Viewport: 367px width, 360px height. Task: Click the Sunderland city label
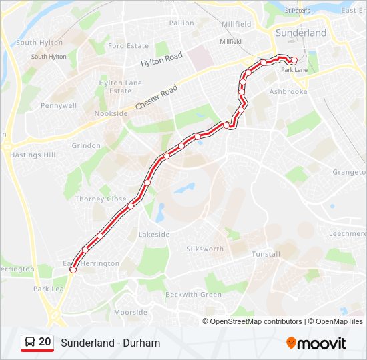302,33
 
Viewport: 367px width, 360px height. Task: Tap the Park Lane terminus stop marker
294,61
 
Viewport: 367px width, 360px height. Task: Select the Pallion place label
181,23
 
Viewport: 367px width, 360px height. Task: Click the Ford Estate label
128,46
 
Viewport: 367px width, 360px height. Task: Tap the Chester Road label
156,97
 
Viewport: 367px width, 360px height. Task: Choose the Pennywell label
59,105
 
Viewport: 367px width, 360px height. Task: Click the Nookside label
111,114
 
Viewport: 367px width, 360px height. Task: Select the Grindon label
86,145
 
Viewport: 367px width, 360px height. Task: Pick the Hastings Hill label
33,155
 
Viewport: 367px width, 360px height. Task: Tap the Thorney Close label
101,199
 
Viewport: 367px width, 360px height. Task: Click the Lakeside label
154,235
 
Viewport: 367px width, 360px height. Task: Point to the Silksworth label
205,249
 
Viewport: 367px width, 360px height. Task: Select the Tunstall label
266,254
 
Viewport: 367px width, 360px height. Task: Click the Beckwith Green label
194,295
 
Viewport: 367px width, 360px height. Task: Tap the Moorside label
131,312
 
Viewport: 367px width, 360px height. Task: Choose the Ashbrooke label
288,91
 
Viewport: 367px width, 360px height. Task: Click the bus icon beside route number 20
29,343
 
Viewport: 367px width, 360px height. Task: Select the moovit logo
316,343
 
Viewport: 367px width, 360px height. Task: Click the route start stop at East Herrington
73,270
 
